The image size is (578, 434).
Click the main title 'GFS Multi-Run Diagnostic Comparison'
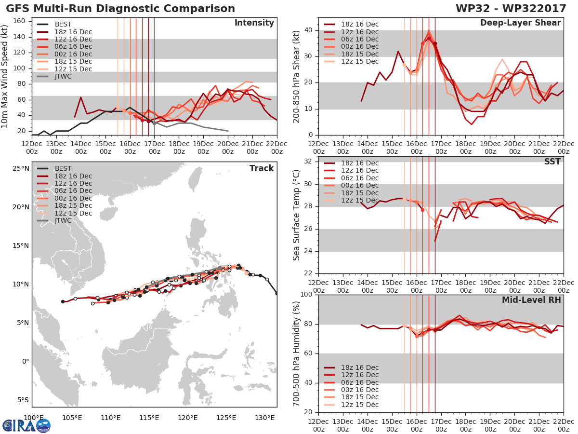(x=120, y=8)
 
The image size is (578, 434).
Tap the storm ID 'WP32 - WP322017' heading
(x=511, y=8)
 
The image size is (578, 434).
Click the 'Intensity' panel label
(x=254, y=23)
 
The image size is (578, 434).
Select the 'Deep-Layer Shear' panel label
(x=521, y=23)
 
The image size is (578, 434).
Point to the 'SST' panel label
(x=552, y=162)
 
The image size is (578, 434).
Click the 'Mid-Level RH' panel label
(x=531, y=300)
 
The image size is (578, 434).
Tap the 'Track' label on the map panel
(x=262, y=168)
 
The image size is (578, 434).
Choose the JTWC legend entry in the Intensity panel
(x=54, y=76)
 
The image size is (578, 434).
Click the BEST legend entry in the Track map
(x=54, y=168)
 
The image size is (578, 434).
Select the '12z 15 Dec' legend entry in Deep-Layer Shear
(x=351, y=61)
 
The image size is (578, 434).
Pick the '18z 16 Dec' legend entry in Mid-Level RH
(x=351, y=367)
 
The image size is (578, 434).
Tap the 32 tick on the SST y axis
(x=308, y=162)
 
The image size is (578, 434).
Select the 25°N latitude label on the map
(x=21, y=168)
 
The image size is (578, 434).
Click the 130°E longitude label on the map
(x=264, y=418)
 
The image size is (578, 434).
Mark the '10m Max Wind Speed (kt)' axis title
(x=4, y=76)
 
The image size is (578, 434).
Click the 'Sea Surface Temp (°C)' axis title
(x=296, y=215)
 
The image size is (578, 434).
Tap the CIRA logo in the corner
(x=26, y=425)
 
